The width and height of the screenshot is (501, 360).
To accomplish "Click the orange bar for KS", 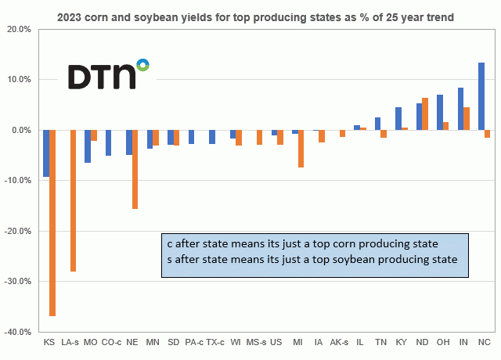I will (x=52, y=223).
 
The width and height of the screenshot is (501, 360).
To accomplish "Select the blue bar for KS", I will (x=46, y=153).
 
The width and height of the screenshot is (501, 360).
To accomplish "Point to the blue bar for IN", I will (x=460, y=109).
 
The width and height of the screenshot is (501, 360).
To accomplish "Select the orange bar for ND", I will (x=425, y=114).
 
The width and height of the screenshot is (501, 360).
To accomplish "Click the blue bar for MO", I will (x=88, y=146).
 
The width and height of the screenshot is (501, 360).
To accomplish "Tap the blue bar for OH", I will (x=439, y=113).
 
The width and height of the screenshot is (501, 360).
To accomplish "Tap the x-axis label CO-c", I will (x=111, y=342).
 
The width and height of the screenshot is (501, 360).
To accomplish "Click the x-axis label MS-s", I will (x=256, y=342).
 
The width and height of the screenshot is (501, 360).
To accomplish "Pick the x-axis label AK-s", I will (x=339, y=342).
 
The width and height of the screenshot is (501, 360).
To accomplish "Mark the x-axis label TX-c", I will (x=214, y=342).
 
